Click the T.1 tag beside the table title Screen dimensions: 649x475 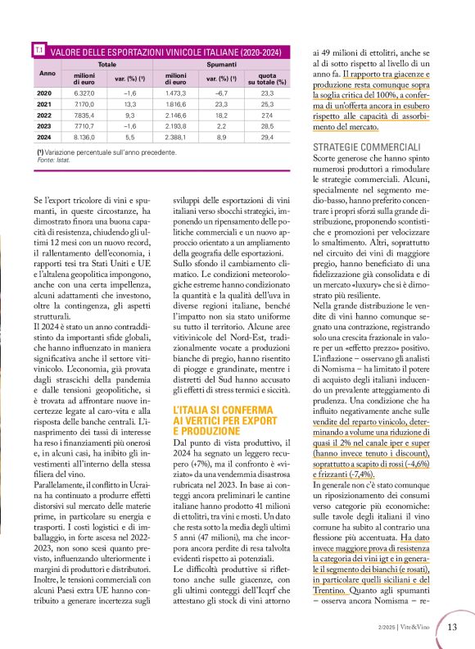38,51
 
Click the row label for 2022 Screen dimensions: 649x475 45,117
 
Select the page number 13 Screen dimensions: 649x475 451,627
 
